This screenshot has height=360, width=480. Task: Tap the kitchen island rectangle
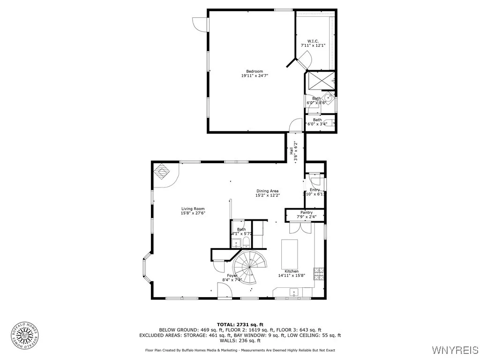tap(289, 253)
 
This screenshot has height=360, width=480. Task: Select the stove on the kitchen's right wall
tap(319, 273)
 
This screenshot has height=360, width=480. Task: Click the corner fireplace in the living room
tap(162, 172)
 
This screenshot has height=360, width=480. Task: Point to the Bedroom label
tap(255, 71)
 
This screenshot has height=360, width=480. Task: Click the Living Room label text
tap(193, 209)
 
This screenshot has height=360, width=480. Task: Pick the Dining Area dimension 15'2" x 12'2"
tap(267, 195)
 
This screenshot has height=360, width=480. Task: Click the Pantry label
tap(307, 212)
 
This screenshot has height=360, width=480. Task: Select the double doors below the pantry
tap(299, 227)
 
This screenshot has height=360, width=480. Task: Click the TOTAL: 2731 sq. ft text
tap(240, 324)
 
